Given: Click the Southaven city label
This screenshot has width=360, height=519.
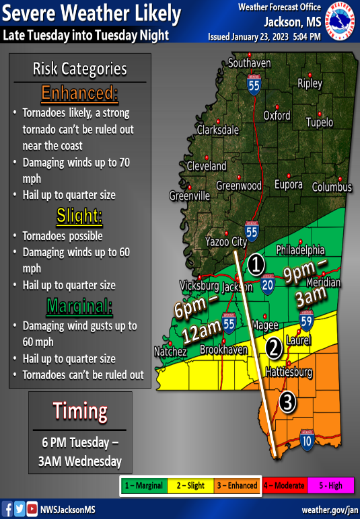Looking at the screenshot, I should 249,63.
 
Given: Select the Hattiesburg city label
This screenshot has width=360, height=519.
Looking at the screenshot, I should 290,371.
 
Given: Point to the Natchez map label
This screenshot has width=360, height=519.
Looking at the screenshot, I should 170,352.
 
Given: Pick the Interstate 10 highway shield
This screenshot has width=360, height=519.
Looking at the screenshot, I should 306,441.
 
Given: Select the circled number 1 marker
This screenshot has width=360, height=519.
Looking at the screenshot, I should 256,264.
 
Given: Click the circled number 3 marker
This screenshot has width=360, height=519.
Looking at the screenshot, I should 287,403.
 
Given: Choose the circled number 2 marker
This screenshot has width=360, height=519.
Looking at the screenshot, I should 274,348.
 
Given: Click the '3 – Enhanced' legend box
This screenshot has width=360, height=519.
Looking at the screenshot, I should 237,485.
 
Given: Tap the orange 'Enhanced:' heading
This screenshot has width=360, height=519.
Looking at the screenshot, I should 79,93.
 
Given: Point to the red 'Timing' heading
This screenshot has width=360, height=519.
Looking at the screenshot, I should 80,411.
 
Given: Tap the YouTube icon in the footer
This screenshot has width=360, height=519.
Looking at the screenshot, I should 32,509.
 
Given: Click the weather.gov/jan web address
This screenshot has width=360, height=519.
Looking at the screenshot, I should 321,510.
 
